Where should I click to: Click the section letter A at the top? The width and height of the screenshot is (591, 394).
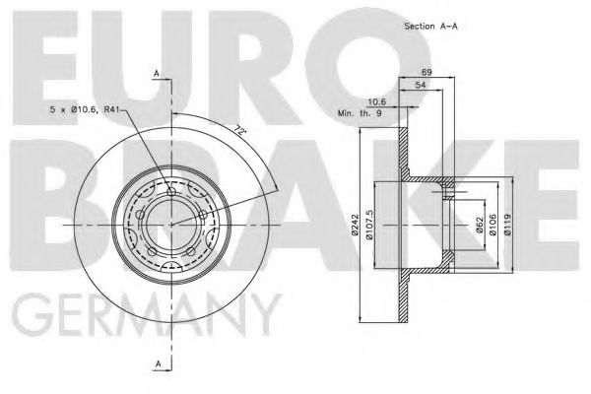tap(156, 72)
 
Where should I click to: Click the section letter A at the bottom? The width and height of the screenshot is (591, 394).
tap(156, 365)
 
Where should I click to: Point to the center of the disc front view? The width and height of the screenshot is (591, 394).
tap(171, 225)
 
